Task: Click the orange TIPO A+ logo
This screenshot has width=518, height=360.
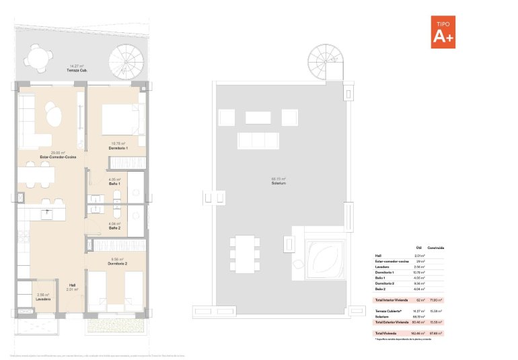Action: (x=443, y=32)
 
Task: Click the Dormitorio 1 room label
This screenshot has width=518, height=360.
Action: (x=118, y=145)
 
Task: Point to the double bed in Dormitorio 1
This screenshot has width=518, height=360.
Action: (x=123, y=119)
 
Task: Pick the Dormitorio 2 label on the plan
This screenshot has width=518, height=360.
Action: (x=118, y=263)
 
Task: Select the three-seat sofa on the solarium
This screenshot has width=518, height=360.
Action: (x=257, y=141)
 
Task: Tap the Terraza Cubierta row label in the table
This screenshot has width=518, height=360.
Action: (x=387, y=311)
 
